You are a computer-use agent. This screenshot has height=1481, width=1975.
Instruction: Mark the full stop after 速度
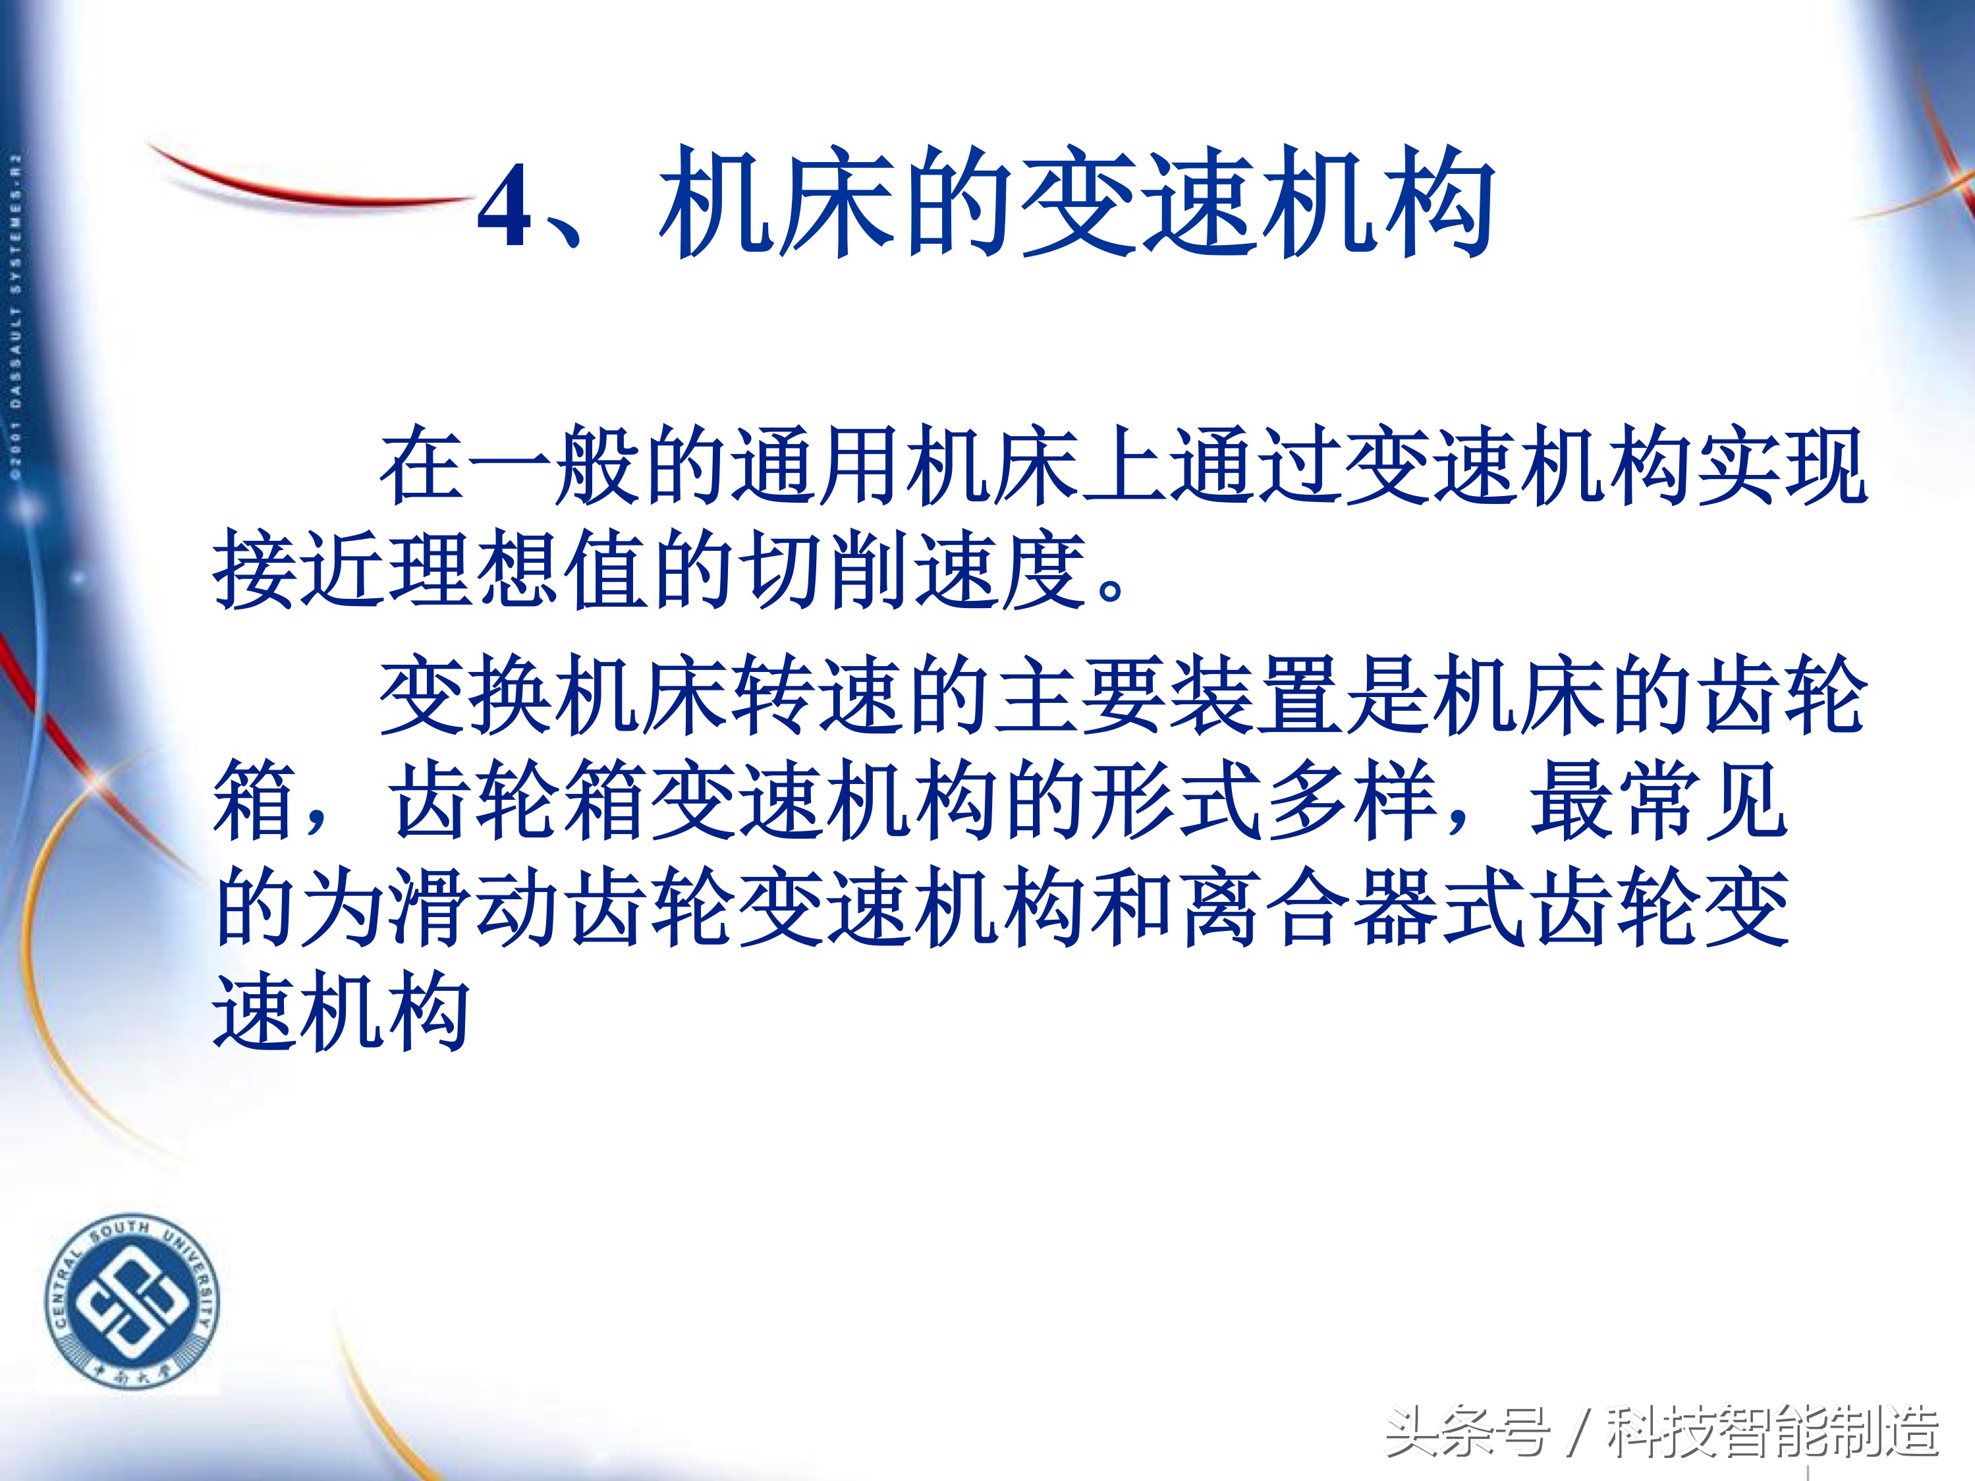(1111, 589)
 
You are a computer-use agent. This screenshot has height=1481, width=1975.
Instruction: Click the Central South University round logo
(131, 1302)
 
